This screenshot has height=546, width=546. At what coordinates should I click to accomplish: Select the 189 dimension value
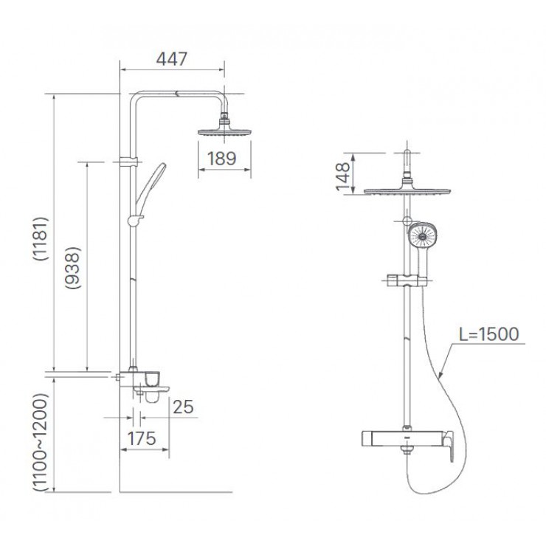point(221,158)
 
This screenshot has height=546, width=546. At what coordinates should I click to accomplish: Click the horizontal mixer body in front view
point(384,438)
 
